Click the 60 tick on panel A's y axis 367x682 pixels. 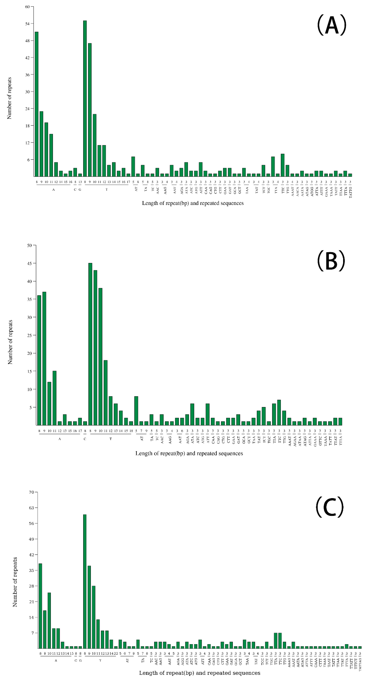coord(27,7)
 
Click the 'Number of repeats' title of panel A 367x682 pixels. coord(9,98)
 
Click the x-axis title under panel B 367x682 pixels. coord(189,453)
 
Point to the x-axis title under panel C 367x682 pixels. coord(199,673)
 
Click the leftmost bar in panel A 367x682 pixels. coord(37,104)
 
